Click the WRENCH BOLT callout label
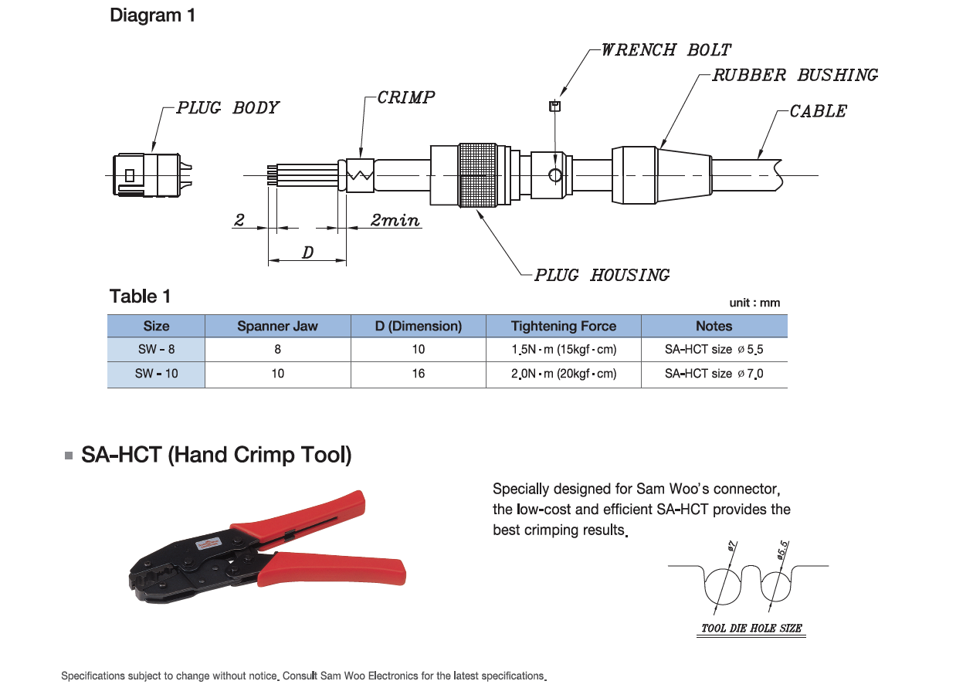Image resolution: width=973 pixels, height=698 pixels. pyautogui.click(x=666, y=50)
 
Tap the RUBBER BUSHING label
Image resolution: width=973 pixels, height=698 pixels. pyautogui.click(x=795, y=76)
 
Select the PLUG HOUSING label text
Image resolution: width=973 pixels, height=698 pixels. pyautogui.click(x=602, y=275)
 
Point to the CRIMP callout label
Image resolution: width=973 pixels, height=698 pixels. pyautogui.click(x=406, y=97)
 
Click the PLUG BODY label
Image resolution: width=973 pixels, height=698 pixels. pyautogui.click(x=228, y=107)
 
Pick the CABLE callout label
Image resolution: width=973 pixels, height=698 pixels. pyautogui.click(x=818, y=111)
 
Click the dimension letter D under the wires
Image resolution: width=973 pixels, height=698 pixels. pyautogui.click(x=307, y=252)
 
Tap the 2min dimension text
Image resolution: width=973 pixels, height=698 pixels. pyautogui.click(x=395, y=221)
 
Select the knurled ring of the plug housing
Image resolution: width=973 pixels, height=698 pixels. pyautogui.click(x=479, y=174)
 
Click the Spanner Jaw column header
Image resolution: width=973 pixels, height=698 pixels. pyautogui.click(x=277, y=327)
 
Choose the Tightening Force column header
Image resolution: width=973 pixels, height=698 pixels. pyautogui.click(x=564, y=327)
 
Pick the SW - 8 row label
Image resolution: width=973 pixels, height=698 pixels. pyautogui.click(x=156, y=349)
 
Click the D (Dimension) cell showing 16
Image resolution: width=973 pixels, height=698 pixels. pyautogui.click(x=418, y=374)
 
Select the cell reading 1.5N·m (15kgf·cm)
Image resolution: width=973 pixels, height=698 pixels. pyautogui.click(x=564, y=349)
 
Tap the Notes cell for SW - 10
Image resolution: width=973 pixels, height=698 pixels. pyautogui.click(x=714, y=374)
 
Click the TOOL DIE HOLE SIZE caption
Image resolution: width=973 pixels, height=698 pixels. pyautogui.click(x=751, y=629)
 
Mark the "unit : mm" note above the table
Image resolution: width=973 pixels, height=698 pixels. pyautogui.click(x=754, y=303)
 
